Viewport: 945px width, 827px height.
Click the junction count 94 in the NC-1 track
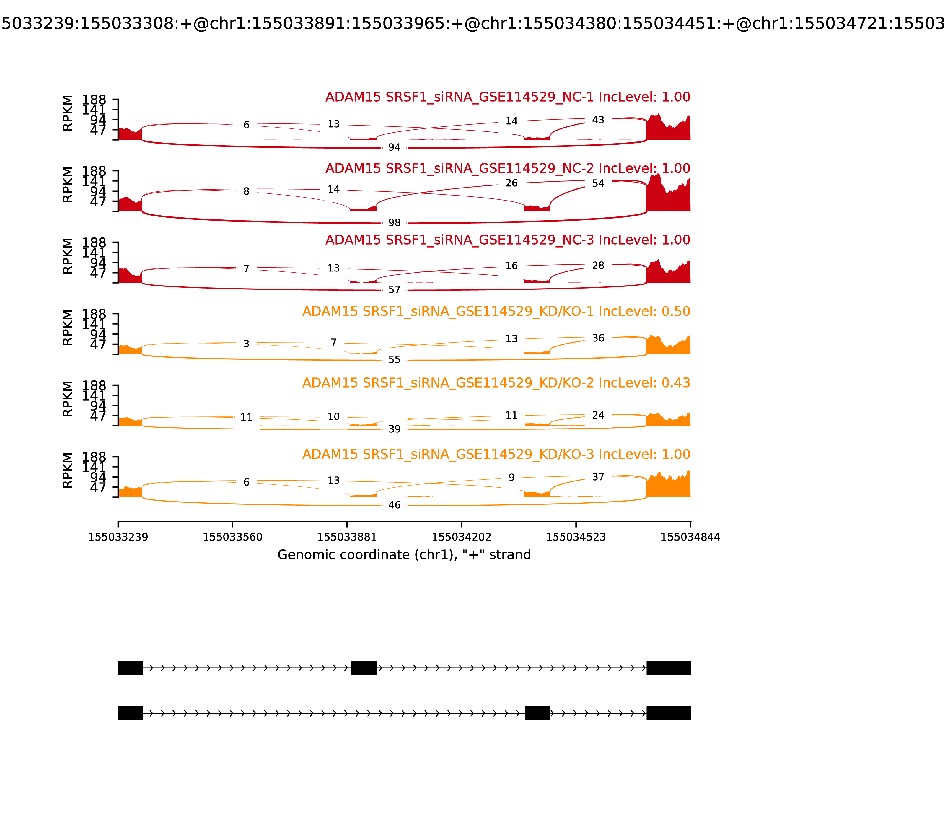(x=394, y=147)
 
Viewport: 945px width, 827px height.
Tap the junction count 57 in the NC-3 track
(x=394, y=289)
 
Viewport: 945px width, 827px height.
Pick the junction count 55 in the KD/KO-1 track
(x=394, y=359)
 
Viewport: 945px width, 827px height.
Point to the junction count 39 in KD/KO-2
(x=394, y=429)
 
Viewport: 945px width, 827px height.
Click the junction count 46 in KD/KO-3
(x=394, y=505)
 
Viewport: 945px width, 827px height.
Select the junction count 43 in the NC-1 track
(x=597, y=120)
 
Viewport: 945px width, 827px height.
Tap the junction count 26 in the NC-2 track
(x=511, y=183)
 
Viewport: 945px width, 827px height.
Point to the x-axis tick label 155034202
(x=461, y=537)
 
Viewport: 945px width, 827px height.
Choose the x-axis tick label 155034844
(x=690, y=537)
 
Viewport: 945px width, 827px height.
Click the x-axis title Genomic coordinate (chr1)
(x=404, y=554)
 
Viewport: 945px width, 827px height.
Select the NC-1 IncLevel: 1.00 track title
(x=508, y=97)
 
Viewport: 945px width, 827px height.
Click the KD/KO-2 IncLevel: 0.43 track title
(x=496, y=382)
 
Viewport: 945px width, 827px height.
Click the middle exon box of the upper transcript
(x=364, y=667)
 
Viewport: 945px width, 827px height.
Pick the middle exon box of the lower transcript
(x=537, y=713)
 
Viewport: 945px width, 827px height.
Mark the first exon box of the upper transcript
(x=130, y=667)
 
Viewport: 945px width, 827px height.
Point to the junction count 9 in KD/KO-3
(x=511, y=477)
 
